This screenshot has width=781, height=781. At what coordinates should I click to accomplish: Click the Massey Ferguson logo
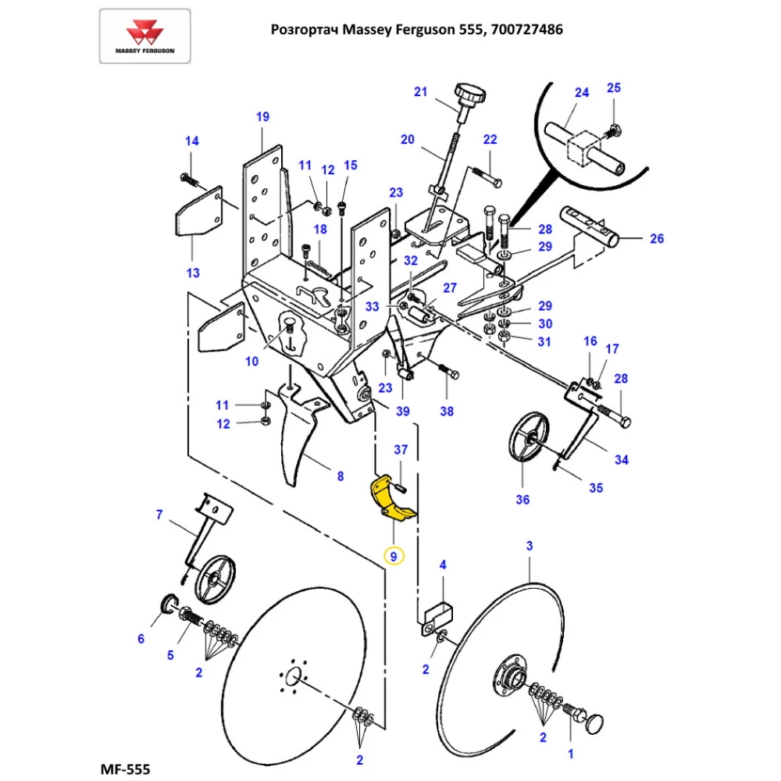[x=144, y=36]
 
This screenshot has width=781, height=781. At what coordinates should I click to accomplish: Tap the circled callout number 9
[x=394, y=556]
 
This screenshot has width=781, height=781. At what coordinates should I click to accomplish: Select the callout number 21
[x=420, y=91]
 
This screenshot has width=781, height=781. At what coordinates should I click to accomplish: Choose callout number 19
[x=262, y=116]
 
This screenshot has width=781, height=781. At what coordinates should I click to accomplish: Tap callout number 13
[x=192, y=273]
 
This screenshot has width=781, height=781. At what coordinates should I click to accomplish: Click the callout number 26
[x=657, y=238]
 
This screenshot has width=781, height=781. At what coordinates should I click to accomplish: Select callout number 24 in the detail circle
[x=581, y=92]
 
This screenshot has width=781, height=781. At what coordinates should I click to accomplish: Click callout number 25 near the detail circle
[x=614, y=87]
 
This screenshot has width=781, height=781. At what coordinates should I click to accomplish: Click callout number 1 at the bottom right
[x=570, y=754]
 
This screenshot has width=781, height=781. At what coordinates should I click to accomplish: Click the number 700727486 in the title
[x=525, y=30]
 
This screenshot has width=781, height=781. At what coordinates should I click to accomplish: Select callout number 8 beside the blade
[x=340, y=476]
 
